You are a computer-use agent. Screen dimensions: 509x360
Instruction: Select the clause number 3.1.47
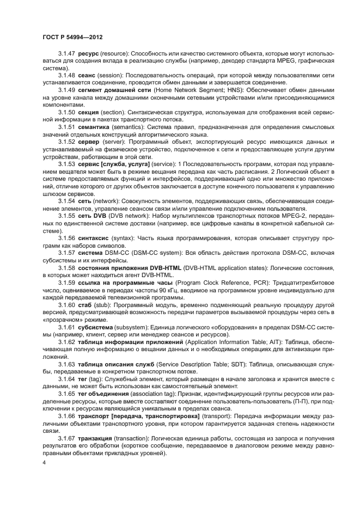(x=68, y=55)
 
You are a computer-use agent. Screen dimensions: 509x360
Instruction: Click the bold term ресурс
(x=88, y=55)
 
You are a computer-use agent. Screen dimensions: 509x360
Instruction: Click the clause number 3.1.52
(x=68, y=141)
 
